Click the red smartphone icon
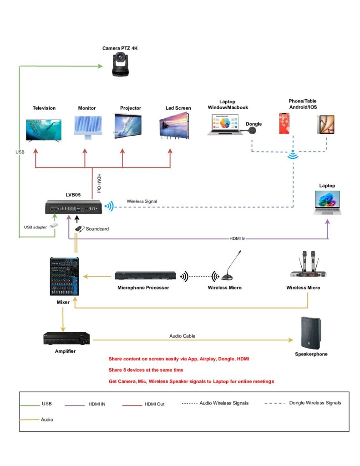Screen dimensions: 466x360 (x=284, y=124)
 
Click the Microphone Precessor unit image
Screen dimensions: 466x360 (x=145, y=276)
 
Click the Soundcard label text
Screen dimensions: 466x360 (x=98, y=229)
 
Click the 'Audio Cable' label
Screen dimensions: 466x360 (x=183, y=336)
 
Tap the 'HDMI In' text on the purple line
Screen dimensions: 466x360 (x=238, y=238)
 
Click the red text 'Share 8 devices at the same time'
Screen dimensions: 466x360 (x=146, y=370)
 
